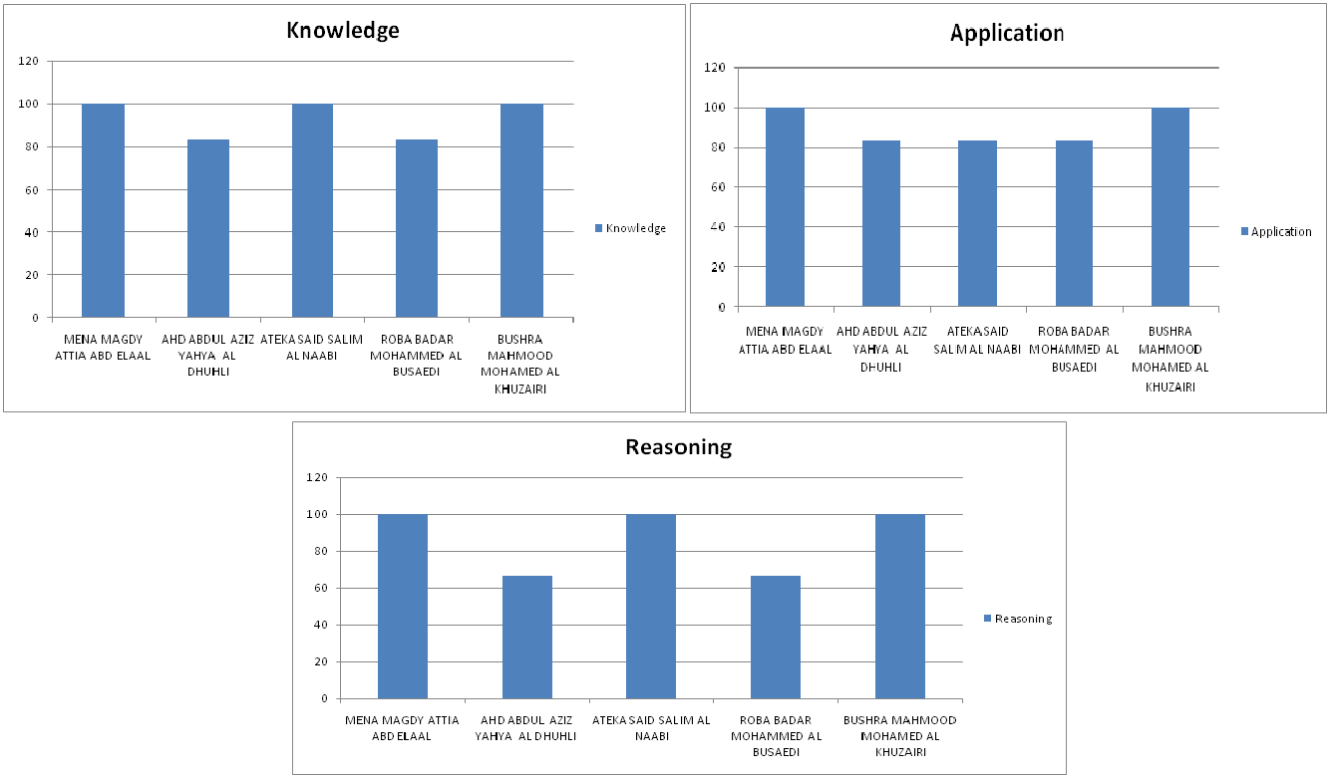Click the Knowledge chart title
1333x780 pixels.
(x=342, y=30)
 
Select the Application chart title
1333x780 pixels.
(x=1007, y=33)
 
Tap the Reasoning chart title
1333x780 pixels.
(x=678, y=446)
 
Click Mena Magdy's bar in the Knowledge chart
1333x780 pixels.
(x=103, y=210)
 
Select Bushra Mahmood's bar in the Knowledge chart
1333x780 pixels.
(x=521, y=210)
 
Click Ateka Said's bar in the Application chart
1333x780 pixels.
(x=977, y=223)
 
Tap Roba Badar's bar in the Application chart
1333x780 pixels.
(x=1074, y=223)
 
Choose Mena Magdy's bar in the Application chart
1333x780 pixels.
(x=785, y=207)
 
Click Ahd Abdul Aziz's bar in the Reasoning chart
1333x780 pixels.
(x=526, y=637)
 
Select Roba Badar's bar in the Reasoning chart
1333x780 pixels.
(x=776, y=637)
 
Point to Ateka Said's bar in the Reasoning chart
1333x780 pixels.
(x=651, y=606)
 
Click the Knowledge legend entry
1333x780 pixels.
(x=630, y=228)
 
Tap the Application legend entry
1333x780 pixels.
(x=1276, y=231)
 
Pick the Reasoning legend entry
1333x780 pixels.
(x=1017, y=619)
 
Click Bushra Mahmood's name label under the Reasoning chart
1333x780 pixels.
(x=899, y=735)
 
